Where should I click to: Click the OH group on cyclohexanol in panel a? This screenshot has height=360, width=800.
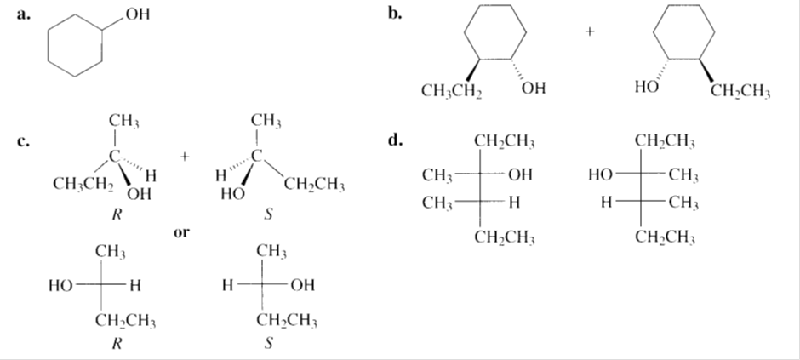pyautogui.click(x=134, y=14)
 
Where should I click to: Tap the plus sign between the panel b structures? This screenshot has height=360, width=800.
pyautogui.click(x=588, y=32)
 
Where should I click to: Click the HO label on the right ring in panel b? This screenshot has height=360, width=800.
pyautogui.click(x=646, y=87)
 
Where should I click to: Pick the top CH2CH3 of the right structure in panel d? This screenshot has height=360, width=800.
pyautogui.click(x=664, y=140)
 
